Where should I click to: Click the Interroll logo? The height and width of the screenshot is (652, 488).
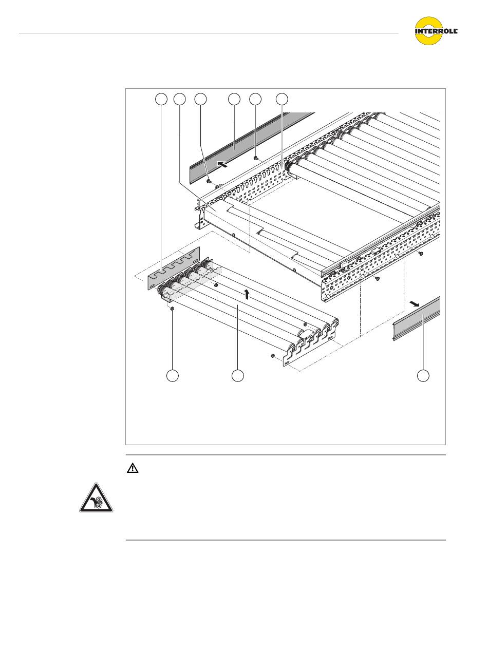pos(436,31)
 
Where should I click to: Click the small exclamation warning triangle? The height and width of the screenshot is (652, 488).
pos(133,469)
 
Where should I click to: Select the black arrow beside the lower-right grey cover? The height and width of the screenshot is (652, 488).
pos(415,303)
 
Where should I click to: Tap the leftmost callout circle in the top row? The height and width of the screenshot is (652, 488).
pos(161,100)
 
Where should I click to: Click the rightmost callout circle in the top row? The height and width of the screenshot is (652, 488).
pos(282,100)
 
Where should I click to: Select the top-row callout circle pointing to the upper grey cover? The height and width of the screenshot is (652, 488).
pos(234,100)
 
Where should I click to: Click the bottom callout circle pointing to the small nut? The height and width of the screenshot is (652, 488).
pos(173,376)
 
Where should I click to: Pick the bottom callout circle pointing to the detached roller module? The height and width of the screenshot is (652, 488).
pos(237,376)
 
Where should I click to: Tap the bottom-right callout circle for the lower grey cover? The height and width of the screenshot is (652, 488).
pos(423,376)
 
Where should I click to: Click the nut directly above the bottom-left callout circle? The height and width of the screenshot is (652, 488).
pos(173,309)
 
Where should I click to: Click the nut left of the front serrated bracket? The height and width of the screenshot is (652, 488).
pos(273,356)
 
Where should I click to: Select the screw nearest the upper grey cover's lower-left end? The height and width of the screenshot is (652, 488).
pos(209,180)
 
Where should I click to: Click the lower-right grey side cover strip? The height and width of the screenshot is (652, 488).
pos(417,319)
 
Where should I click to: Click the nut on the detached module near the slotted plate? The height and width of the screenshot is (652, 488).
pos(216,285)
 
